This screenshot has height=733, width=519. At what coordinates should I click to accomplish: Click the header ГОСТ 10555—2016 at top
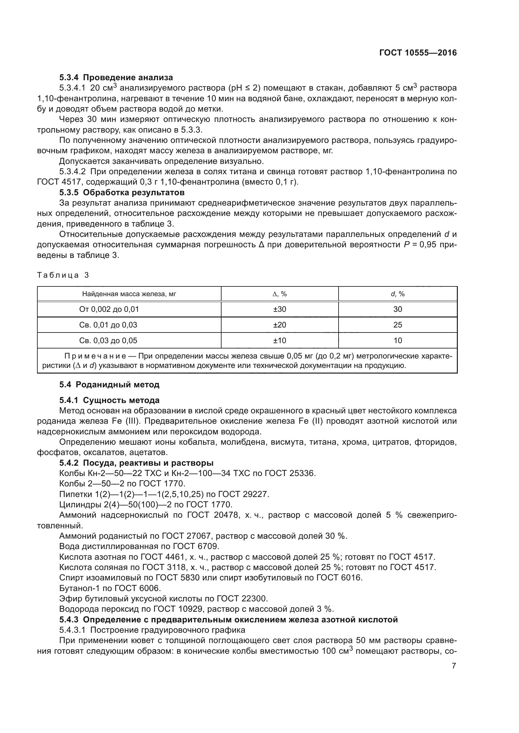click(x=418, y=53)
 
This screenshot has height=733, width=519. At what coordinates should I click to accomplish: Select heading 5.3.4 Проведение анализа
click(x=116, y=78)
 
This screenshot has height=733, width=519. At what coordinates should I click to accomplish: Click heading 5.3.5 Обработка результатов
click(x=122, y=192)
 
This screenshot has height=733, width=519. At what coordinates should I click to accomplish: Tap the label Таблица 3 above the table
click(x=63, y=275)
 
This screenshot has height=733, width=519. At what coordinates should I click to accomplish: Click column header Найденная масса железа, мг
click(x=129, y=294)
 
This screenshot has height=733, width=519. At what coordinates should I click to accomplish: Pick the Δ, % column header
click(x=279, y=294)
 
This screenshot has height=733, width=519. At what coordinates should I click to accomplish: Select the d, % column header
click(x=398, y=294)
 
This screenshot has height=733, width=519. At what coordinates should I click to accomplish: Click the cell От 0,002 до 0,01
click(x=109, y=309)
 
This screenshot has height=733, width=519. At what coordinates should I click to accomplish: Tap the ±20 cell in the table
click(x=279, y=325)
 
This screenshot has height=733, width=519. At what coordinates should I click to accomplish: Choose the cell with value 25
click(x=398, y=325)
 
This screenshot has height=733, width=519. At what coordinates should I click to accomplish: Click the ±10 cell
click(x=279, y=340)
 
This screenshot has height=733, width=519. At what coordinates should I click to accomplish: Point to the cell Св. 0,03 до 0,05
click(x=108, y=340)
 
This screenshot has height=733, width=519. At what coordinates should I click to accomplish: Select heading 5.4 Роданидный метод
click(x=109, y=385)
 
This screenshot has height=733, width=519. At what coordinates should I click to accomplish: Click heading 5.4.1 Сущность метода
click(x=109, y=400)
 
